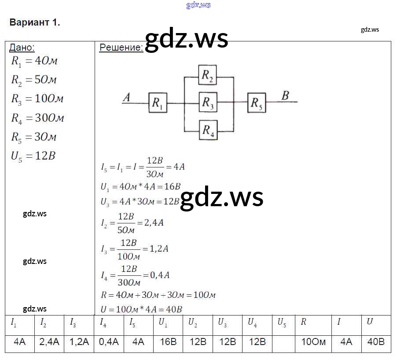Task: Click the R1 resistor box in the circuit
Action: [158, 103]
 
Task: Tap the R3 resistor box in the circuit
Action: [208, 103]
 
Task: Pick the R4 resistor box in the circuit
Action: [208, 130]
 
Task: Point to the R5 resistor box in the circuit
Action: [257, 103]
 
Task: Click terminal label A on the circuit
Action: [126, 97]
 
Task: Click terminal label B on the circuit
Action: [285, 96]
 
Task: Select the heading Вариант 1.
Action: [35, 23]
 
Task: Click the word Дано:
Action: [22, 48]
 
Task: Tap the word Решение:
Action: [121, 48]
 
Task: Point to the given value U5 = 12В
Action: [33, 156]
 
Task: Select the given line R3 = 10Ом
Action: [37, 99]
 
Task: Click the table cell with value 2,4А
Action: [49, 342]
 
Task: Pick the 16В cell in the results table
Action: [169, 342]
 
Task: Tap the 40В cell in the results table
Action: [375, 342]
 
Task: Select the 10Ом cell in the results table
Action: [313, 342]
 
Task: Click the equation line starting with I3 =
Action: [135, 249]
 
